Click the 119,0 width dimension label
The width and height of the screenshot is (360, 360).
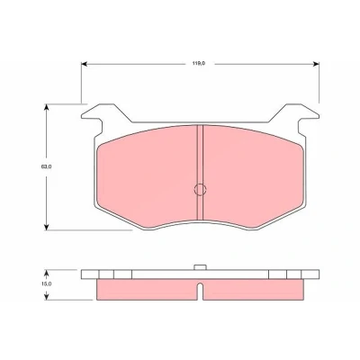pyautogui.click(x=199, y=64)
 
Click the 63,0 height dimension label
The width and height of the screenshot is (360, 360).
pyautogui.click(x=46, y=166)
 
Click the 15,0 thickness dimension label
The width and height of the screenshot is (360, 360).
pyautogui.click(x=47, y=283)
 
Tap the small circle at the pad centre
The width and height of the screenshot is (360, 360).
pyautogui.click(x=200, y=189)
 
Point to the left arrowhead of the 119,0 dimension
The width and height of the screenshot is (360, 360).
pyautogui.click(x=84, y=64)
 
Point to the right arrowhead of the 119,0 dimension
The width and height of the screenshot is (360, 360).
pyautogui.click(x=316, y=64)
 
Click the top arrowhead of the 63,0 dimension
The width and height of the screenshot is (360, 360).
pyautogui.click(x=46, y=107)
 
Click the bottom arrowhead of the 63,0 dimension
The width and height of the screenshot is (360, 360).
pyautogui.click(x=46, y=228)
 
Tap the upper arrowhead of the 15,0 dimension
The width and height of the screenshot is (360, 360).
pyautogui.click(x=46, y=273)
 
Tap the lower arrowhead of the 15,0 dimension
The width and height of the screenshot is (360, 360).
pyautogui.click(x=46, y=296)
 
